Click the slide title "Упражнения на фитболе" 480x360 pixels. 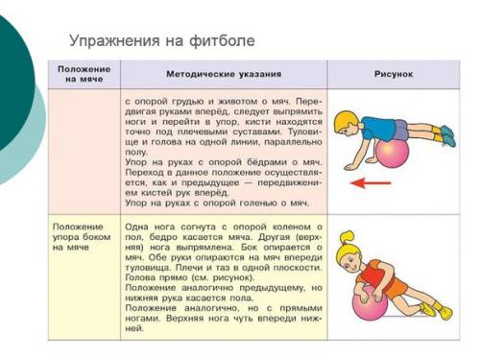click(161, 41)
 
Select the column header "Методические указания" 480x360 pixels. click(224, 73)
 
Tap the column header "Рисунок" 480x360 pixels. click(393, 73)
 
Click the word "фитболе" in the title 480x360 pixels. click(222, 41)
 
